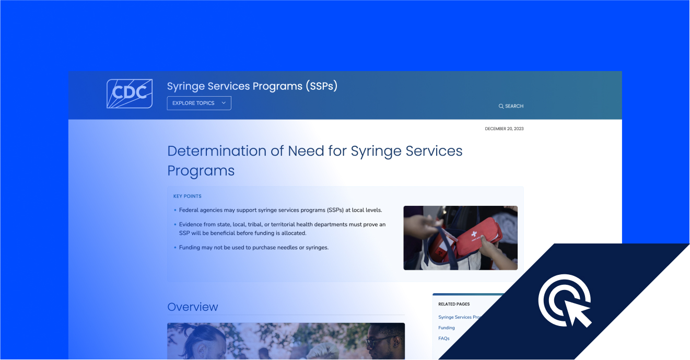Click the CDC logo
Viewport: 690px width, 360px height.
[130, 94]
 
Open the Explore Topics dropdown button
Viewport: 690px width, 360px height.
[199, 103]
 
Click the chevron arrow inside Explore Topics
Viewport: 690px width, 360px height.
[224, 103]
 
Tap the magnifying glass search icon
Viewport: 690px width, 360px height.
[501, 107]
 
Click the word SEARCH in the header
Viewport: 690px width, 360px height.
[514, 106]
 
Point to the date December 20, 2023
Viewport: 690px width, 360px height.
[504, 129]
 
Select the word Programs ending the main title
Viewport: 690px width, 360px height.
[201, 171]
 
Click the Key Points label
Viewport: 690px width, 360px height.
[188, 196]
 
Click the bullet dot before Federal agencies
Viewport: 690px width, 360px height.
[176, 210]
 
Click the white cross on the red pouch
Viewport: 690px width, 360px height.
[474, 234]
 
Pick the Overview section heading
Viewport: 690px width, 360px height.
[193, 307]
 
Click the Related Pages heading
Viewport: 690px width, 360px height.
[454, 304]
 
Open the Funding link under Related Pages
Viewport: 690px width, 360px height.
[447, 328]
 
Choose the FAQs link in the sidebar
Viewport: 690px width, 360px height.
[444, 339]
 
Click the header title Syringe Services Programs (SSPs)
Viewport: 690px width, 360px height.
[252, 86]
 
